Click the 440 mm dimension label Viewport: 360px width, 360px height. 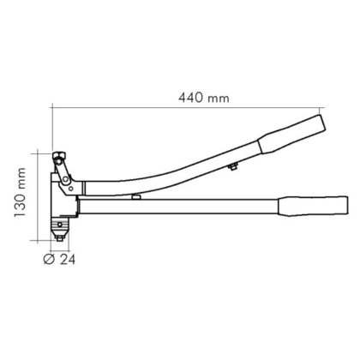tap(204, 98)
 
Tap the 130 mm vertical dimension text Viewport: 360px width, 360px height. tap(20, 192)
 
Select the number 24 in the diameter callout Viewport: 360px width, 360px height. tap(68, 260)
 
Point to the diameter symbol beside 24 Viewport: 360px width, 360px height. tap(49, 259)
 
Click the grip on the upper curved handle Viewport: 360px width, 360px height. tap(291, 134)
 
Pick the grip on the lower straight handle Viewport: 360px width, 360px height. tap(314, 206)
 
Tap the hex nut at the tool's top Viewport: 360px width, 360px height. tap(59, 157)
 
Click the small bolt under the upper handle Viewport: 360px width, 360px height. tap(233, 167)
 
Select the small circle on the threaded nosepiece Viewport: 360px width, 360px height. tap(59, 225)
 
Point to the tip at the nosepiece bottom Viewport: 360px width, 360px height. tap(59, 239)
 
